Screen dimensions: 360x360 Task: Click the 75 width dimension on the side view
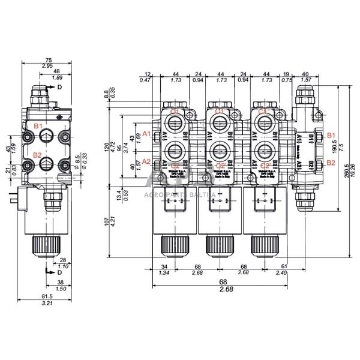coord(48,59)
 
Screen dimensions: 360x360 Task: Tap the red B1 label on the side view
coord(37,126)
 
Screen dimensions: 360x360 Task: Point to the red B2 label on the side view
coord(37,155)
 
